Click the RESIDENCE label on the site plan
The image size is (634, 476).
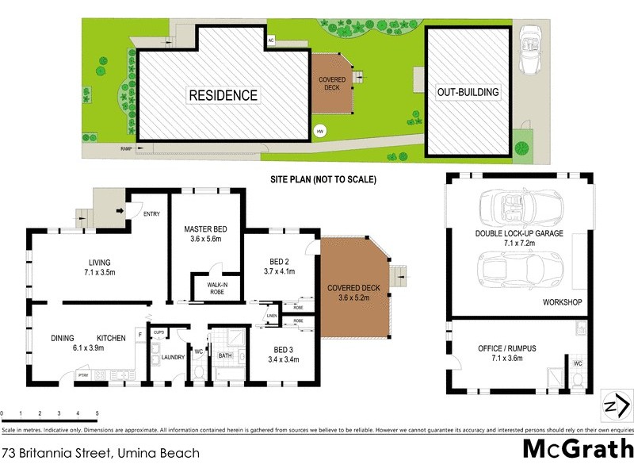(x=223, y=95)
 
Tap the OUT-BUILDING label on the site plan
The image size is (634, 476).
(x=468, y=92)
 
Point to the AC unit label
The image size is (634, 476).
(x=270, y=40)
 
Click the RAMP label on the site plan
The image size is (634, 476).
(x=125, y=148)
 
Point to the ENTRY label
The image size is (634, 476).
(x=152, y=213)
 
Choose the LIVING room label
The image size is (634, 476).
(x=99, y=263)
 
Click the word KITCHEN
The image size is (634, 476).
(x=112, y=339)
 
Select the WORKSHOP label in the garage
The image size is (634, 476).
(x=563, y=303)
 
